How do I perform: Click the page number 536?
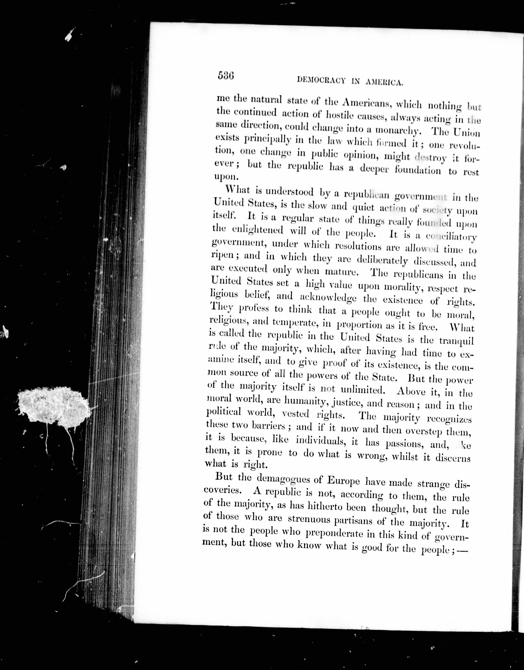point(226,75)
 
